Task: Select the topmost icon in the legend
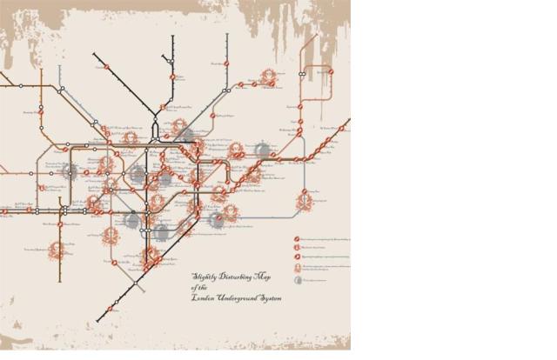pyautogui.click(x=297, y=237)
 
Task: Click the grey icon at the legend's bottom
pyautogui.click(x=297, y=280)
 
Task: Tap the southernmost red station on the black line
pyautogui.click(x=110, y=309)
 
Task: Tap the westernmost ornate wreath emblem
pyautogui.click(x=57, y=250)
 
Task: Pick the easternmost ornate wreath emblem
pyautogui.click(x=305, y=202)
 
